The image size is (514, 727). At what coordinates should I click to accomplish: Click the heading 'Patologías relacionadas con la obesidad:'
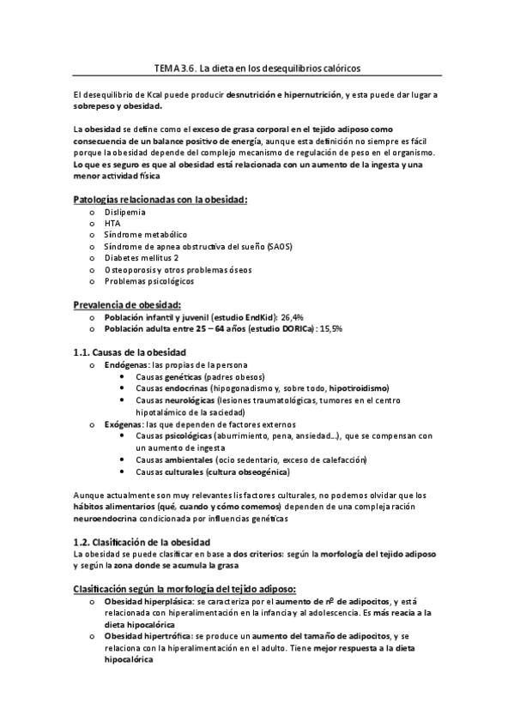(160, 200)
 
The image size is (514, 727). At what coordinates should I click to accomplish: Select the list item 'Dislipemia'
(124, 211)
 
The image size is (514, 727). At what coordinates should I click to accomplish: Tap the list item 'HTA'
(112, 223)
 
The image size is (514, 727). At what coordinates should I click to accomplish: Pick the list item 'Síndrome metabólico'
(146, 234)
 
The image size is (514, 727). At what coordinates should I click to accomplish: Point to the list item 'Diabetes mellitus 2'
(142, 257)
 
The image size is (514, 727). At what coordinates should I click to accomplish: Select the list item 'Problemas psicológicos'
(149, 280)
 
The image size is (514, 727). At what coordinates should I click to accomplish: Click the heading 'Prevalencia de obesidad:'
(127, 304)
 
